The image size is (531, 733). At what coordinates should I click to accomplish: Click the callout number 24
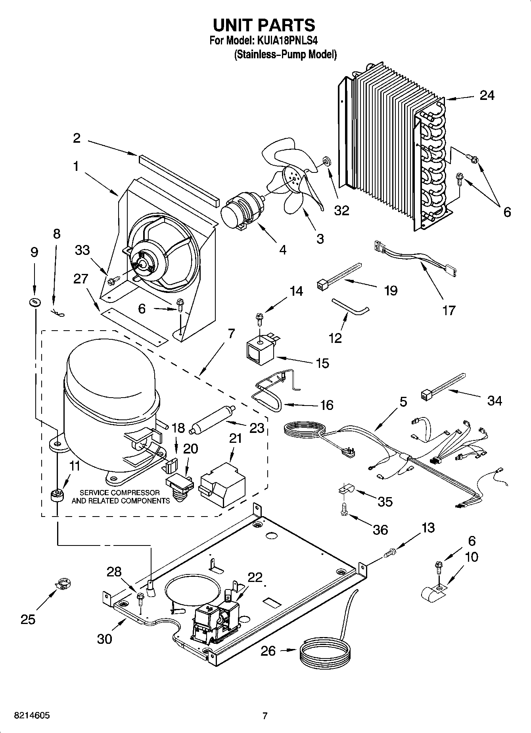click(487, 96)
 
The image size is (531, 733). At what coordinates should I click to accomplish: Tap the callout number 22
click(255, 577)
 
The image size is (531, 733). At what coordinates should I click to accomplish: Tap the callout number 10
click(472, 557)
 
